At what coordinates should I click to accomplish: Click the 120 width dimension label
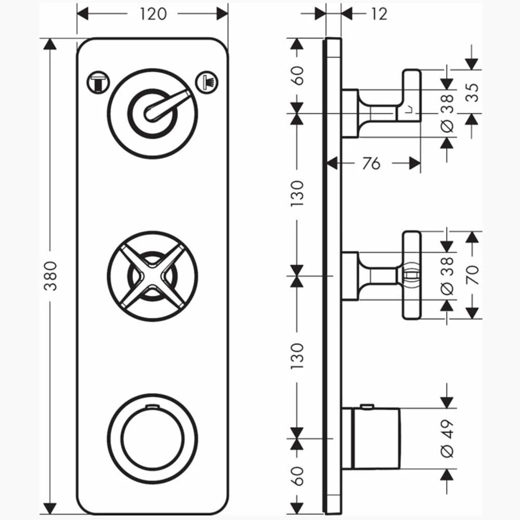[153, 14]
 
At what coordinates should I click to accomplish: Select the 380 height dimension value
[51, 276]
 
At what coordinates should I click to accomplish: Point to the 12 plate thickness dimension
[380, 14]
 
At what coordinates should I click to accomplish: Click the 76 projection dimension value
[370, 163]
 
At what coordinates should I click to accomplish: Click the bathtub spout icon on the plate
[98, 82]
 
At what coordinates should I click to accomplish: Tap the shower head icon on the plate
[206, 82]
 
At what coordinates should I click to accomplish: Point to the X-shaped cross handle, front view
[152, 276]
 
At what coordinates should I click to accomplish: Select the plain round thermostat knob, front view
[152, 437]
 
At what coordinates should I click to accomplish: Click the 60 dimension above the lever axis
[297, 77]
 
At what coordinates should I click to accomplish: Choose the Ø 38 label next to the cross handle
[447, 275]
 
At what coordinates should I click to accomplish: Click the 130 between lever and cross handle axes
[297, 193]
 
